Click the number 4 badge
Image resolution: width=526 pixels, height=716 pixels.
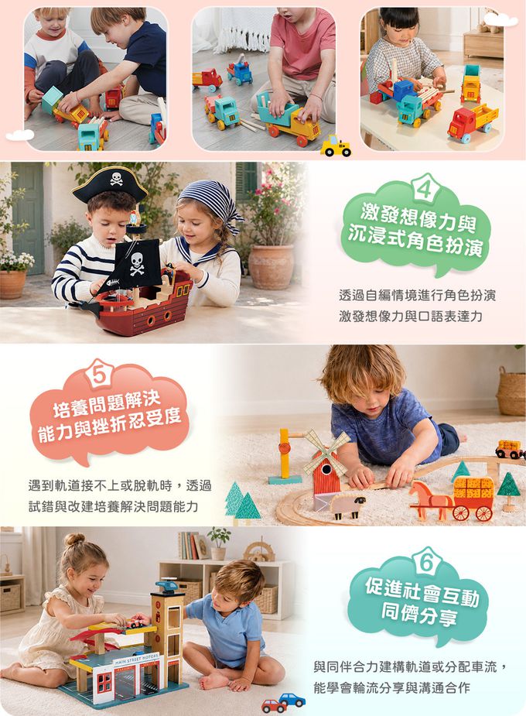pos(425,187)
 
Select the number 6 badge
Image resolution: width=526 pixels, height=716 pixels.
pos(426,562)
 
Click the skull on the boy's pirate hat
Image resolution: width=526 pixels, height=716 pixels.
pos(116,179)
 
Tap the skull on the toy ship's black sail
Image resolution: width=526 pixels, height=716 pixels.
pos(137,264)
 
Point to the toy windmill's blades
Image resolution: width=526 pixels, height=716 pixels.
pos(326,452)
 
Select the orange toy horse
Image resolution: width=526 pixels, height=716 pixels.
pos(428,499)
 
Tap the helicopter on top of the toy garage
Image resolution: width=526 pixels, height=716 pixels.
pos(168,585)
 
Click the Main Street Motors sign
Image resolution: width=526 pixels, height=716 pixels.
pos(136,659)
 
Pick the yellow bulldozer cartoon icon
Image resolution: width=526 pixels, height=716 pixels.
pos(336,146)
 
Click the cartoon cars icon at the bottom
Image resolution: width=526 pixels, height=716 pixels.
pos(284,703)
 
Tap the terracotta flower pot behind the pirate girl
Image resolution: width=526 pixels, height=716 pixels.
pos(271,267)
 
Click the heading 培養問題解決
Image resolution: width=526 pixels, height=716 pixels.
pos(107,405)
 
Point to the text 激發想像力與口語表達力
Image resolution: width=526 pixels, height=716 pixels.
pos(411,316)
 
